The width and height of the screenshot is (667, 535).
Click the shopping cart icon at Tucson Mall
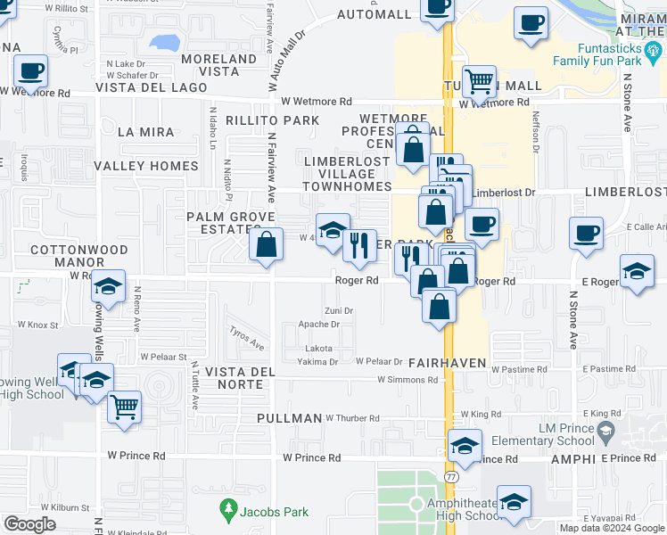480,83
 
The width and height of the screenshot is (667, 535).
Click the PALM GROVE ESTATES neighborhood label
223,223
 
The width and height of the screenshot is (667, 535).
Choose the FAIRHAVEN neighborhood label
447,364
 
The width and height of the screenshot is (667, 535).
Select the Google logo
29,523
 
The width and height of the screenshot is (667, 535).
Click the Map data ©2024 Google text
611,528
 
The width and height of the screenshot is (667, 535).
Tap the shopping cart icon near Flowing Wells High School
124,407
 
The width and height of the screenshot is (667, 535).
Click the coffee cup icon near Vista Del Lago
29,70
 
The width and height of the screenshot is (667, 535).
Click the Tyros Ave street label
247,338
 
